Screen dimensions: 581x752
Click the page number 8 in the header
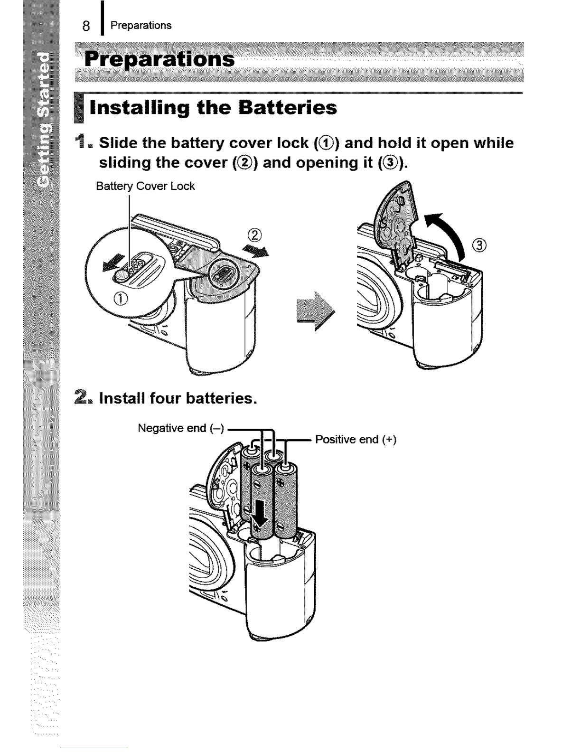pos(86,26)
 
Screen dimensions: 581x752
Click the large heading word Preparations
pos(159,59)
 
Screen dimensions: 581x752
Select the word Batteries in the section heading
pos(288,107)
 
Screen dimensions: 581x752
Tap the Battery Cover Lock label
pos(145,186)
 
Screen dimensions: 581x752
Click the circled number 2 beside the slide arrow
pos(255,235)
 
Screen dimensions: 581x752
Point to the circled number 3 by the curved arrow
pos(479,245)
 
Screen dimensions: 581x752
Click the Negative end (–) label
pos(181,428)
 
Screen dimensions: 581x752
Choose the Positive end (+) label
pos(356,440)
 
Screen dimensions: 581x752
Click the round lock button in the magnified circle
pos(122,276)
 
